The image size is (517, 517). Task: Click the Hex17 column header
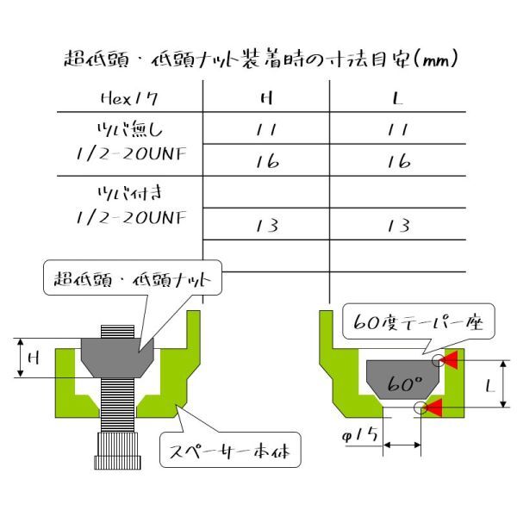pyautogui.click(x=129, y=98)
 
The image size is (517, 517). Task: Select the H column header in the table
pyautogui.click(x=266, y=98)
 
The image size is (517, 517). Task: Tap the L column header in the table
pyautogui.click(x=398, y=98)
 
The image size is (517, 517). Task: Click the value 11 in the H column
pyautogui.click(x=266, y=129)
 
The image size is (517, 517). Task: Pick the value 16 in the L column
pyautogui.click(x=399, y=162)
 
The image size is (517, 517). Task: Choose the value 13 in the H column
pyautogui.click(x=267, y=226)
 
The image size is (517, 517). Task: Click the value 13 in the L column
pyautogui.click(x=399, y=226)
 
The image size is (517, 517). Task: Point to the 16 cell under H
pyautogui.click(x=267, y=162)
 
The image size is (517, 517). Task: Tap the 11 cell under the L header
pyautogui.click(x=398, y=129)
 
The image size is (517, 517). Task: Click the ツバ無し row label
pyautogui.click(x=130, y=129)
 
